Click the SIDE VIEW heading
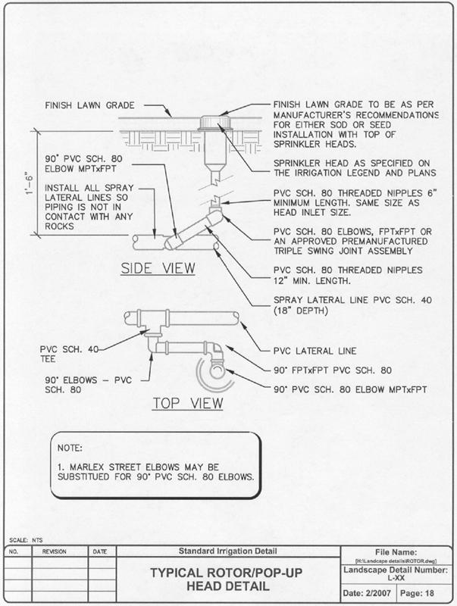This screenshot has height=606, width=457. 158,267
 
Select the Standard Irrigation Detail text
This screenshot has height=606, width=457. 228,550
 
